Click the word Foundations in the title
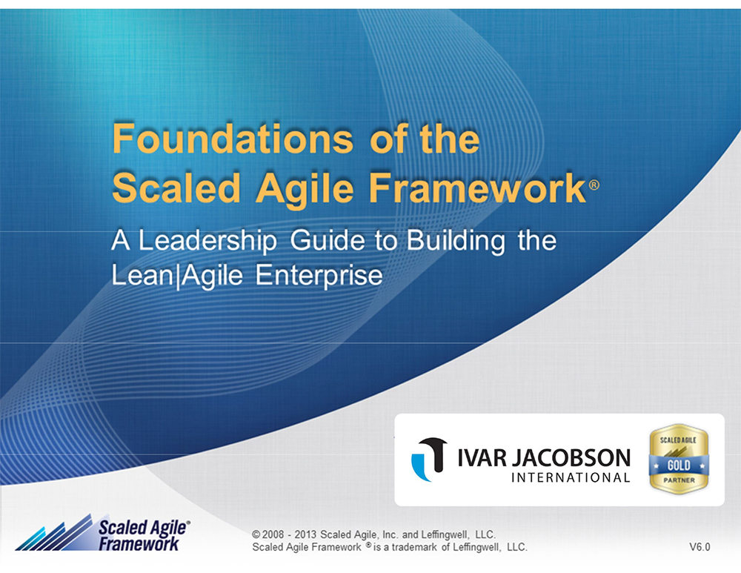(x=233, y=139)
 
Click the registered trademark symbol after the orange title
(x=594, y=185)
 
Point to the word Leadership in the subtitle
(x=207, y=241)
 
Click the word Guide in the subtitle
(x=327, y=240)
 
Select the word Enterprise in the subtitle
(x=319, y=276)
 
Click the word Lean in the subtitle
(x=143, y=275)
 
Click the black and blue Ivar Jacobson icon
(x=429, y=459)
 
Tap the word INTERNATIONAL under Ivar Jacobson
(x=571, y=477)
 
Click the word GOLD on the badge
(x=679, y=466)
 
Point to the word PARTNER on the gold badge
(x=679, y=480)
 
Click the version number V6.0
(x=700, y=547)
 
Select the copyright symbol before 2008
(x=256, y=534)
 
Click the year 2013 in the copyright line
(x=306, y=534)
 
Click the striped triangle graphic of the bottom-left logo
(x=54, y=534)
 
